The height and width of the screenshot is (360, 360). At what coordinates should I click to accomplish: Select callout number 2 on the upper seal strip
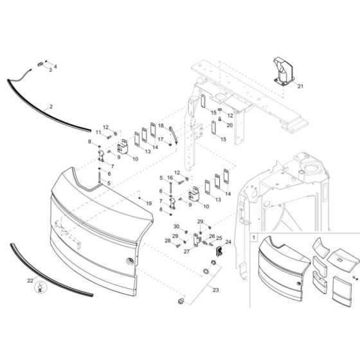[51, 105]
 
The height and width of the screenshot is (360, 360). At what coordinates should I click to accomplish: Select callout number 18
[161, 125]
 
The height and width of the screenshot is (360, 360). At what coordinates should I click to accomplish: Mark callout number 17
[161, 139]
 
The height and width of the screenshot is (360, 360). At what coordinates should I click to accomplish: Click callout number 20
[230, 125]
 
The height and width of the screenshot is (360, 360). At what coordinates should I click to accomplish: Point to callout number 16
[170, 177]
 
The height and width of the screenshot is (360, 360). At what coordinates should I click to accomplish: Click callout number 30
[175, 227]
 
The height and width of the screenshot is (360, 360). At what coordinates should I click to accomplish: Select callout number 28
[168, 241]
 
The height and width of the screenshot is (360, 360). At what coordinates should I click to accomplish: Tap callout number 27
[187, 252]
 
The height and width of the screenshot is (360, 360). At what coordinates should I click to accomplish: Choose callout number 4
[55, 66]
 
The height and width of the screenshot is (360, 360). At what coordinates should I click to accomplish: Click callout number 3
[50, 70]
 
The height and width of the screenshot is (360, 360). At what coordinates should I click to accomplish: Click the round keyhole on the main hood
[130, 260]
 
